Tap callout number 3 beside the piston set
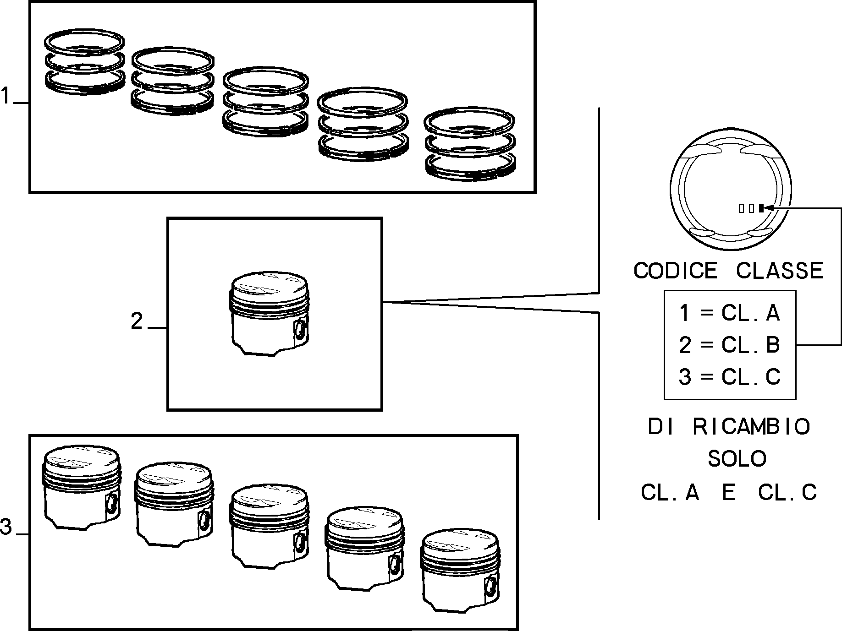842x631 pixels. pos(6,527)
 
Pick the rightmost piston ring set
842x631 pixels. pos(470,143)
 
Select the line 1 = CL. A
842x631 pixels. pos(729,313)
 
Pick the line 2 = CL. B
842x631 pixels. pos(729,345)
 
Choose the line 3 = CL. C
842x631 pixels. pos(729,377)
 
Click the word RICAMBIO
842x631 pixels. pos(751,427)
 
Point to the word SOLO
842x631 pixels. pos(737,458)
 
